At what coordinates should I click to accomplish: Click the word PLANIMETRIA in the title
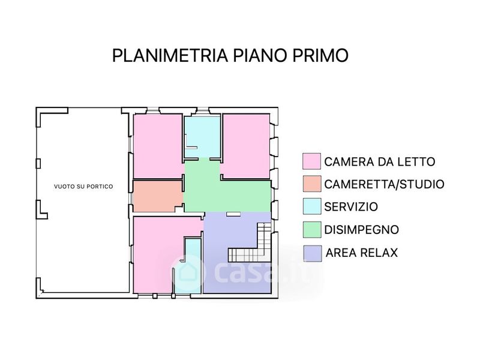170,55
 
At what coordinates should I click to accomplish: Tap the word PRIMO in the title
320,55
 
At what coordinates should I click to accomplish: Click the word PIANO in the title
260,55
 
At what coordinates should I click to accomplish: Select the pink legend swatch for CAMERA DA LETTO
311,161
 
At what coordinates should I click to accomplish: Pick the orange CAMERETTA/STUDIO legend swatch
312,184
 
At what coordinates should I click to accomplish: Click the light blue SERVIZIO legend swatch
312,206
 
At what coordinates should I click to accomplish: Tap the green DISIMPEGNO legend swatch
312,230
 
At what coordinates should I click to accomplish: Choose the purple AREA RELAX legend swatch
312,253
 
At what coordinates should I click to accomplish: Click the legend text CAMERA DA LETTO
380,161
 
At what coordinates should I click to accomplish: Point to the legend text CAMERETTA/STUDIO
384,184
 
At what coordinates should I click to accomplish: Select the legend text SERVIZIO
351,207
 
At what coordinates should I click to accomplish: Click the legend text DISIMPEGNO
362,230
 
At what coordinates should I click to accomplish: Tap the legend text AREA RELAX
362,253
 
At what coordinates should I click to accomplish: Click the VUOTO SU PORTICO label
83,187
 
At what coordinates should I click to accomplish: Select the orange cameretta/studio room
158,196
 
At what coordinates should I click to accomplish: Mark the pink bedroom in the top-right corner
247,146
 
